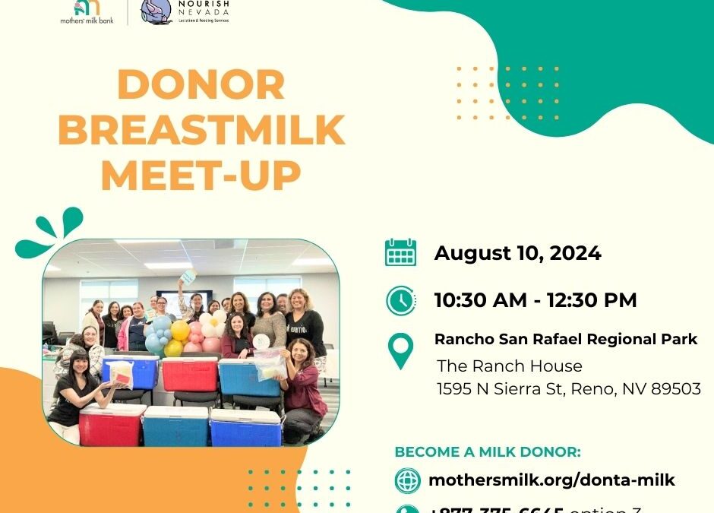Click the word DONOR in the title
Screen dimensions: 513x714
[x=201, y=85]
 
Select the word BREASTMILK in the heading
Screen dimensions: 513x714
[x=201, y=130]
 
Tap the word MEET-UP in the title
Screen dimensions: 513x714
[x=201, y=174]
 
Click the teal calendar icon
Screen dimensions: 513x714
[x=400, y=252]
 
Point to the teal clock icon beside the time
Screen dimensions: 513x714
[x=400, y=300]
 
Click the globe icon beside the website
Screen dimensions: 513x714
[x=408, y=480]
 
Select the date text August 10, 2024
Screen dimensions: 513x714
[x=517, y=253]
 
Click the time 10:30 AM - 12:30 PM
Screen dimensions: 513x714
[x=535, y=299]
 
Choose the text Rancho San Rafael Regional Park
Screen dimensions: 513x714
[x=566, y=339]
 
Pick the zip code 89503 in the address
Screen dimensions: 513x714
[x=676, y=388]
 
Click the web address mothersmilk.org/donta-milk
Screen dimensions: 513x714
[x=551, y=480]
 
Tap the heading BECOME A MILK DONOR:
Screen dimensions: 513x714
[x=488, y=452]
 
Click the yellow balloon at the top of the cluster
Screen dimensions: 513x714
[x=181, y=330]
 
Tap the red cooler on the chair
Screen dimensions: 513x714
[x=188, y=373]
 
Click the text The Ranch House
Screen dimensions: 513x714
[x=510, y=366]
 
